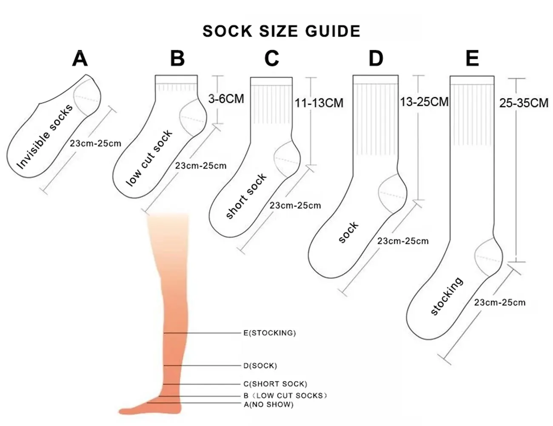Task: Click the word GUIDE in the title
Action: [x=333, y=32]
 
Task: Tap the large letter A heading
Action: [x=80, y=58]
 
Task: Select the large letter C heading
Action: [x=272, y=58]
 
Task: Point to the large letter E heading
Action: [x=472, y=58]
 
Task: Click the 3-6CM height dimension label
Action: [x=226, y=99]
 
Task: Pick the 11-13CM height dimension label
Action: [x=319, y=103]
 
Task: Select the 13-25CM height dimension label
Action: [x=424, y=102]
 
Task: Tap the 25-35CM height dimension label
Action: [x=524, y=103]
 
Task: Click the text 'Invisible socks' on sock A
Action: [x=45, y=137]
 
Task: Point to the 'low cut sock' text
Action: [x=149, y=158]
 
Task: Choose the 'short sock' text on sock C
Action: [x=246, y=196]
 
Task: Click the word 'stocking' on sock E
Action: [x=447, y=296]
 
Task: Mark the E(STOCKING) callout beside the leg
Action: [x=270, y=333]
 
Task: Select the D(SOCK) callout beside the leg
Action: [x=260, y=366]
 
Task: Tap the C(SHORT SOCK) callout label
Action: [x=275, y=384]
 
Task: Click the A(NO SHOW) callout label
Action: [x=268, y=404]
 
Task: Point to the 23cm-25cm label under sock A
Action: [x=95, y=144]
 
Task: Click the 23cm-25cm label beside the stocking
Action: [x=499, y=302]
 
